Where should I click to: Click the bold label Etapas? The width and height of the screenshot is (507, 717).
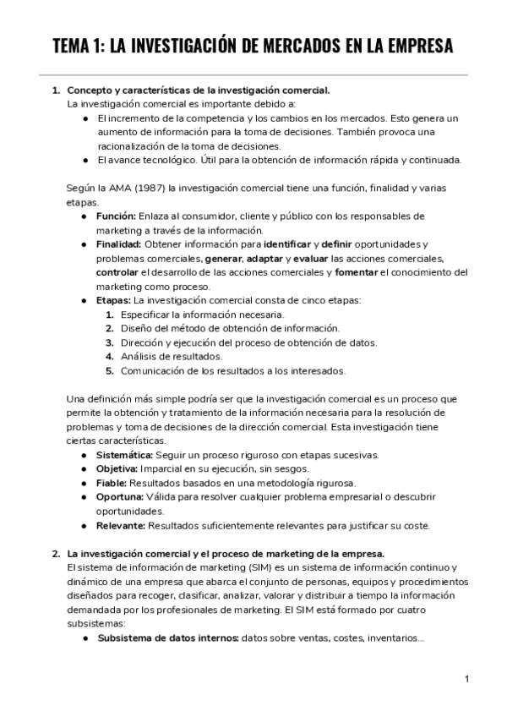[x=114, y=300]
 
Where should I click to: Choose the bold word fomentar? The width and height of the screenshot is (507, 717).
[x=357, y=272]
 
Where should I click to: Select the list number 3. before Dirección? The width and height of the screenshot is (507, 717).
[x=110, y=342]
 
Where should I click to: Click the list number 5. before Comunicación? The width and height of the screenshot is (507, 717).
[x=110, y=370]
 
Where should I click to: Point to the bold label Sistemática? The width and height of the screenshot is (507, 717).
[x=125, y=455]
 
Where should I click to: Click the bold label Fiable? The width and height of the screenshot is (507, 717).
[x=112, y=483]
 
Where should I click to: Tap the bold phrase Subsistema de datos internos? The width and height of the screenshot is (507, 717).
[x=167, y=638]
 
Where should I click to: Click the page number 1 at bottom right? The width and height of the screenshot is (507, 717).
[x=467, y=679]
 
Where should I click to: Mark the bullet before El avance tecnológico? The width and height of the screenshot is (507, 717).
[x=86, y=159]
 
